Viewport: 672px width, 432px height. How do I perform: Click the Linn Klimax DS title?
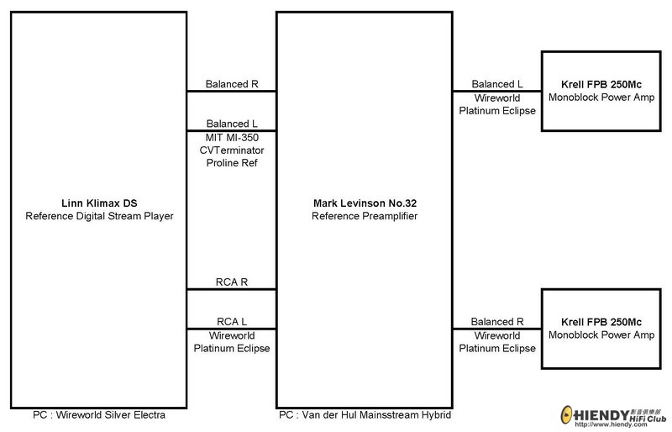coord(99,203)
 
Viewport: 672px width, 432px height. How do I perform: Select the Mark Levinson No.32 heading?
coord(365,203)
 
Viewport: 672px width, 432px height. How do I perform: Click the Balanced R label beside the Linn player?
coord(232,84)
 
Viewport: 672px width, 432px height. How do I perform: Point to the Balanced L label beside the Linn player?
coord(232,124)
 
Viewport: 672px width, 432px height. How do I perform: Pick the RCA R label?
coord(232,282)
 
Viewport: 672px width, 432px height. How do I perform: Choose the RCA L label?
coord(232,321)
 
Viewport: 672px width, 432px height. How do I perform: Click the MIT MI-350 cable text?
coord(232,137)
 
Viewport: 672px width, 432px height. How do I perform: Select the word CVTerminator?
coord(232,150)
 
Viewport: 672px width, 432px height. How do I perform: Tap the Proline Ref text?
coord(232,162)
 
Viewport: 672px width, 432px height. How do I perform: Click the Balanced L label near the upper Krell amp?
coord(497,84)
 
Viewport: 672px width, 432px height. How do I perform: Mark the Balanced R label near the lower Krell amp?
coord(497,321)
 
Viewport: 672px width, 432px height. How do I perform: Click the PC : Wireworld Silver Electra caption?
coord(99,415)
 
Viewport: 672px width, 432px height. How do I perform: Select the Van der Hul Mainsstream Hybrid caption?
coord(376,415)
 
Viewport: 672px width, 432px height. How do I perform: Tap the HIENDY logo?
coord(613,416)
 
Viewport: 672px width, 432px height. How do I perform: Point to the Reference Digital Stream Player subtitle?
coord(99,216)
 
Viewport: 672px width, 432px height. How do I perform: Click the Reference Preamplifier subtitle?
coord(365,216)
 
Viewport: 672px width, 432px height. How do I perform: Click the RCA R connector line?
coord(232,290)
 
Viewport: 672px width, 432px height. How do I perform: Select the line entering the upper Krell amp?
coord(497,92)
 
